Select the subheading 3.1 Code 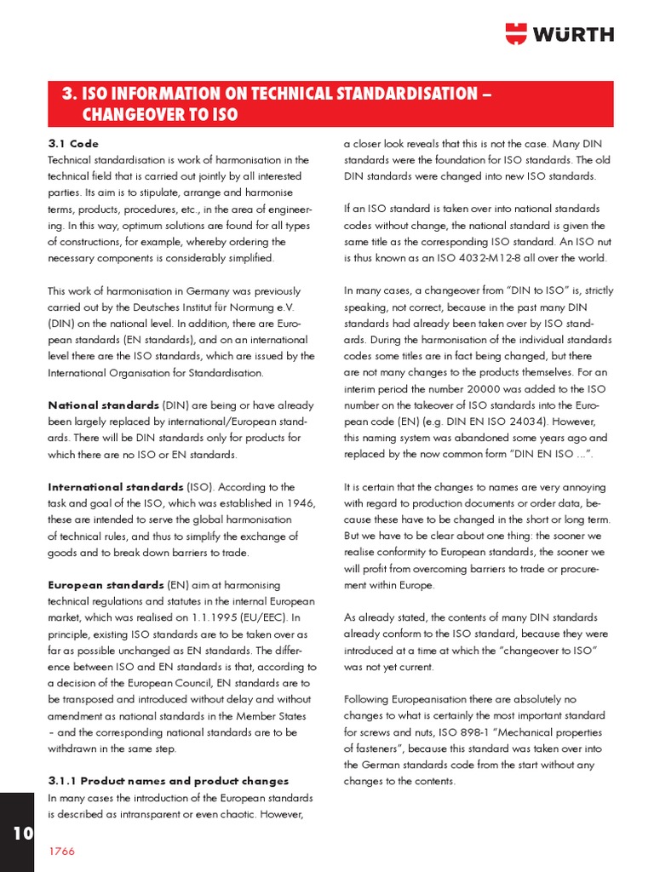click(x=72, y=143)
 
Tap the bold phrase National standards click(x=103, y=405)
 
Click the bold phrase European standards click(x=106, y=586)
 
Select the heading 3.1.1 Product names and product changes click(x=168, y=781)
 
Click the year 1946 click(x=295, y=503)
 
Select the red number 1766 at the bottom click(x=61, y=852)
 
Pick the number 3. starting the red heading click(x=70, y=94)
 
